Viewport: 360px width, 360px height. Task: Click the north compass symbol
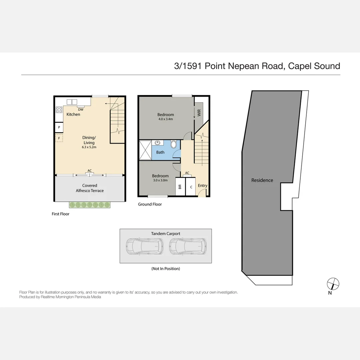coord(333,284)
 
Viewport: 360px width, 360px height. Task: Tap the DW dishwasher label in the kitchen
coord(81,109)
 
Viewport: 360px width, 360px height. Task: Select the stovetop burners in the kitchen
coord(59,110)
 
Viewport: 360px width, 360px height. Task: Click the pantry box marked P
coord(59,127)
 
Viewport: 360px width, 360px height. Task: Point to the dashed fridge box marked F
coord(59,138)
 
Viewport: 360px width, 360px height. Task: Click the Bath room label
coord(160,152)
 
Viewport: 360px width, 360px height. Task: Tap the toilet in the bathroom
coord(174,144)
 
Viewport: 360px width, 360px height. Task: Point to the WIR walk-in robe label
coord(199,113)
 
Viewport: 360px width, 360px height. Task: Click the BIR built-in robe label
coord(180,187)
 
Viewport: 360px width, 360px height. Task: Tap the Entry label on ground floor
coord(202,186)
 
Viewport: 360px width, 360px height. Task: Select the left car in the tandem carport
coord(144,246)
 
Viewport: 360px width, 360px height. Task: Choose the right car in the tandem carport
coord(187,246)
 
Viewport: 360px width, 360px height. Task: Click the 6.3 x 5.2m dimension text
coord(89,147)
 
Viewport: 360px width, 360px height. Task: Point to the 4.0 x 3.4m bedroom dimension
coord(166,119)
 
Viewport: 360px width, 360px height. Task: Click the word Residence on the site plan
coord(262,180)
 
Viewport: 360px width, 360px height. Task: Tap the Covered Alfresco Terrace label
coord(90,188)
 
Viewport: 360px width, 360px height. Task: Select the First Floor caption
coord(61,214)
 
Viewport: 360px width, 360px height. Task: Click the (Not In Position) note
coord(166,269)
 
